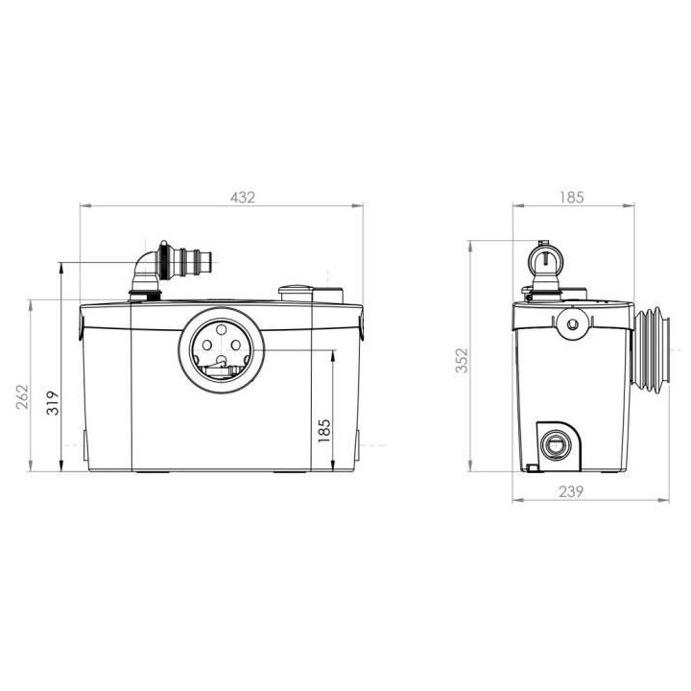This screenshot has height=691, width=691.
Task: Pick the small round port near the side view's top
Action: point(572,324)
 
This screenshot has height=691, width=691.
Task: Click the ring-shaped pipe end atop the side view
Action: point(544,257)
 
